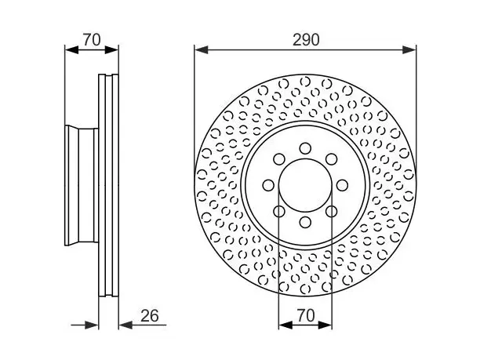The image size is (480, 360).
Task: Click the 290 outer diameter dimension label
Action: coord(306,40)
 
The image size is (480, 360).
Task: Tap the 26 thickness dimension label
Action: coord(150,315)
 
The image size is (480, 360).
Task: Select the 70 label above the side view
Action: coord(92,40)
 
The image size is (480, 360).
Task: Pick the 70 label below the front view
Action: coord(306,315)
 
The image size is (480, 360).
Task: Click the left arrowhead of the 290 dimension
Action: coord(202,50)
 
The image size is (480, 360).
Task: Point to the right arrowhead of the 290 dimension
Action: coord(409,50)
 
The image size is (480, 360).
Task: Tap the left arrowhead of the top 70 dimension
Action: coord(72,50)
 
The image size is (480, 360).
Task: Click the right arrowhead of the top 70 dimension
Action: coord(111,50)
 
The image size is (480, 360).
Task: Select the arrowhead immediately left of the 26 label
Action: coord(125,325)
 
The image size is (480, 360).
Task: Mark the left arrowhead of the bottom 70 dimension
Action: coord(285,325)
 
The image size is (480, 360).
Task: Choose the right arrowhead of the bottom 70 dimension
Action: coord(325,325)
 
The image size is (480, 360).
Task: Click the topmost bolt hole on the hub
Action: coord(305,148)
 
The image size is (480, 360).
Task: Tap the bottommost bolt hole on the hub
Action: coord(305,222)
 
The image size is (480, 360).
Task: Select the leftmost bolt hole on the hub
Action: coord(268,185)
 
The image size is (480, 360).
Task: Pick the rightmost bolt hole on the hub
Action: coord(342,185)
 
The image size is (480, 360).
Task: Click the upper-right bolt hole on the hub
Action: coord(332,159)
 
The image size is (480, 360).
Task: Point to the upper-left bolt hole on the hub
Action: coord(279,159)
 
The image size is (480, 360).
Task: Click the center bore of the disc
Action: coord(305,185)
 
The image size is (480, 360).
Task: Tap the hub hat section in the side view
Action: coord(82,186)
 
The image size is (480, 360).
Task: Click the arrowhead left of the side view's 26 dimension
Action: coord(92,325)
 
